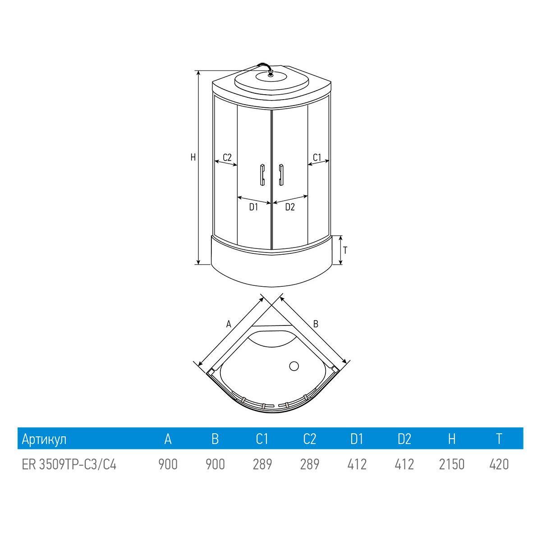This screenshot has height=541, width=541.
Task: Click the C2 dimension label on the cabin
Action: click(227, 157)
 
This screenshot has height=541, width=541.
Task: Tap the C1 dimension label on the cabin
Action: click(316, 157)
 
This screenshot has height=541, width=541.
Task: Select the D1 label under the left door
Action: click(253, 207)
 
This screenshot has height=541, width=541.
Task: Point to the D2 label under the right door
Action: click(290, 207)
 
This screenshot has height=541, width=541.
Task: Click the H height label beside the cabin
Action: click(193, 157)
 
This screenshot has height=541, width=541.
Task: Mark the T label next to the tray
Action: click(345, 250)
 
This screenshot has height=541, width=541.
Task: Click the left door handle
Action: click(262, 174)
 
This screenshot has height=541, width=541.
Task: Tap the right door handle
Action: click(281, 174)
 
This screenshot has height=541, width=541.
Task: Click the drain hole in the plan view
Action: click(294, 366)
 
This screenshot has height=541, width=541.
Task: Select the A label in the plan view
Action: click(229, 324)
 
